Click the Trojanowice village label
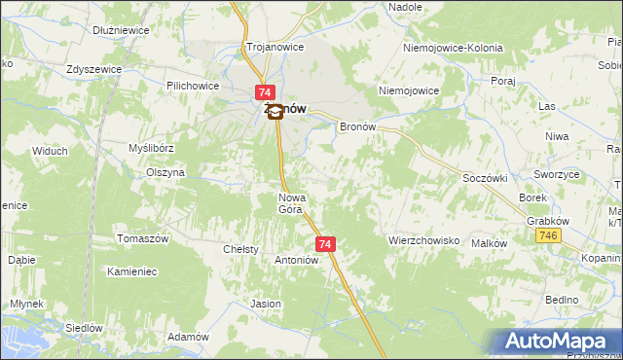click(275, 47)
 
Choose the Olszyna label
click(165, 172)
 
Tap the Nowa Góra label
click(292, 202)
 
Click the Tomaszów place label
click(143, 239)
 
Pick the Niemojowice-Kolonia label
click(452, 47)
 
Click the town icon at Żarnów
click(275, 111)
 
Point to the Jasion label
click(266, 304)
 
